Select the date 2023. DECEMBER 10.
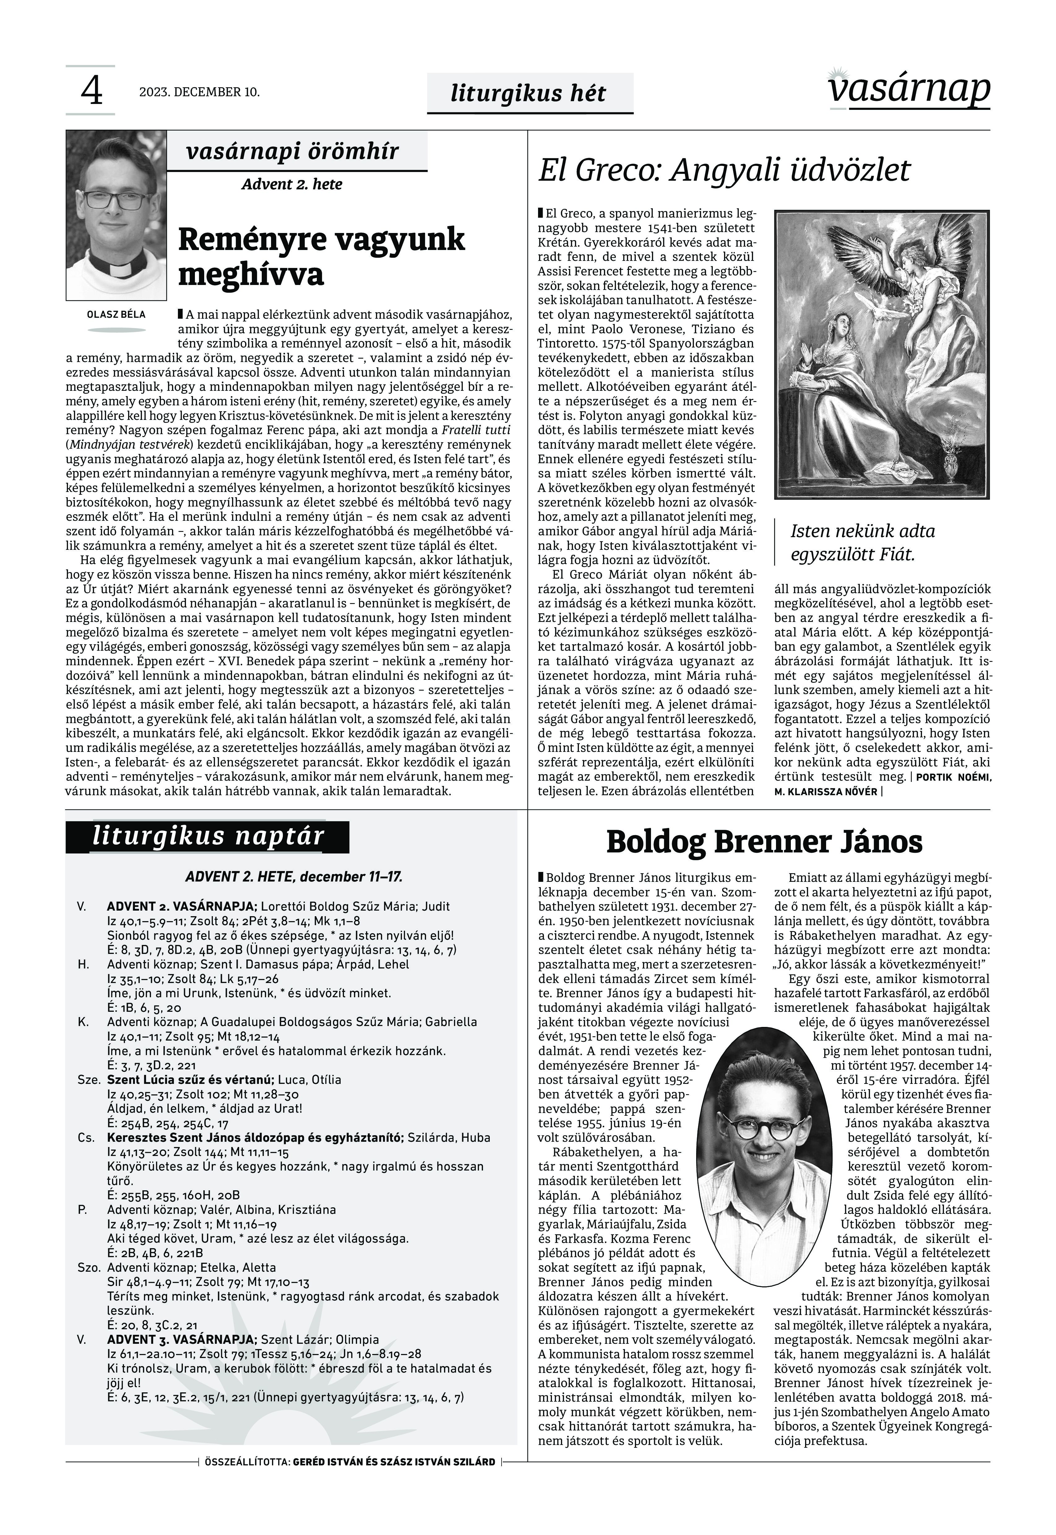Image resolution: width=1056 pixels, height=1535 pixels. [199, 92]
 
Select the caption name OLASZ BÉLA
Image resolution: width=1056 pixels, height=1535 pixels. [116, 314]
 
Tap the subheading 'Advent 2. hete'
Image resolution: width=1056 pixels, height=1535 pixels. [292, 184]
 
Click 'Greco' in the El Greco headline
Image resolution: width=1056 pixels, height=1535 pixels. [617, 170]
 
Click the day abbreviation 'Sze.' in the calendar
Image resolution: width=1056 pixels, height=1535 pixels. [88, 1080]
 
